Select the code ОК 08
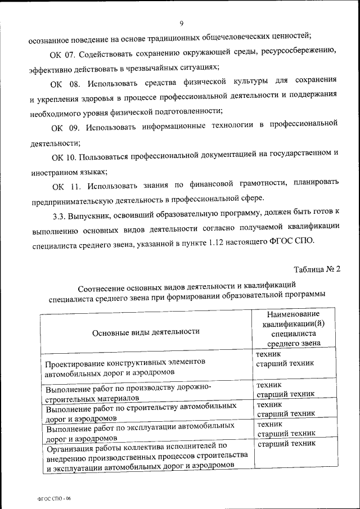[62, 84]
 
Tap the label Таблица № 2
[317, 269]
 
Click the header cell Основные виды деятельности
[146, 331]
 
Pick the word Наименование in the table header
[293, 313]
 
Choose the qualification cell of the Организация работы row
[286, 444]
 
